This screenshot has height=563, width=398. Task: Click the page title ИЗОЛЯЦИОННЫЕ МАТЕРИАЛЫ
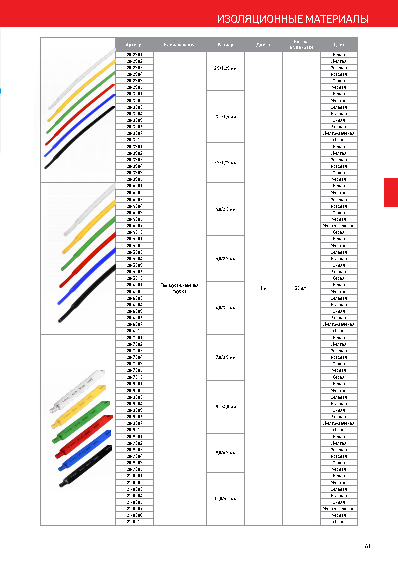(293, 19)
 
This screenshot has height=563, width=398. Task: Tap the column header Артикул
(134, 45)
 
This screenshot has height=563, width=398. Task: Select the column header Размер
(225, 45)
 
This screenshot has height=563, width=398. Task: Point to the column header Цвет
(339, 45)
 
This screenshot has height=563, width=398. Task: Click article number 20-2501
(134, 55)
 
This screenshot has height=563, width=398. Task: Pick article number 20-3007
(134, 133)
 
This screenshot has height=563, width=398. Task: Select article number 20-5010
(134, 278)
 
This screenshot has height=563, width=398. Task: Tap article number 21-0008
(134, 515)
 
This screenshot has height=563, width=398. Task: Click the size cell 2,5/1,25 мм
(225, 68)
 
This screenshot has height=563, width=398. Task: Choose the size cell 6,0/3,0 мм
(225, 308)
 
